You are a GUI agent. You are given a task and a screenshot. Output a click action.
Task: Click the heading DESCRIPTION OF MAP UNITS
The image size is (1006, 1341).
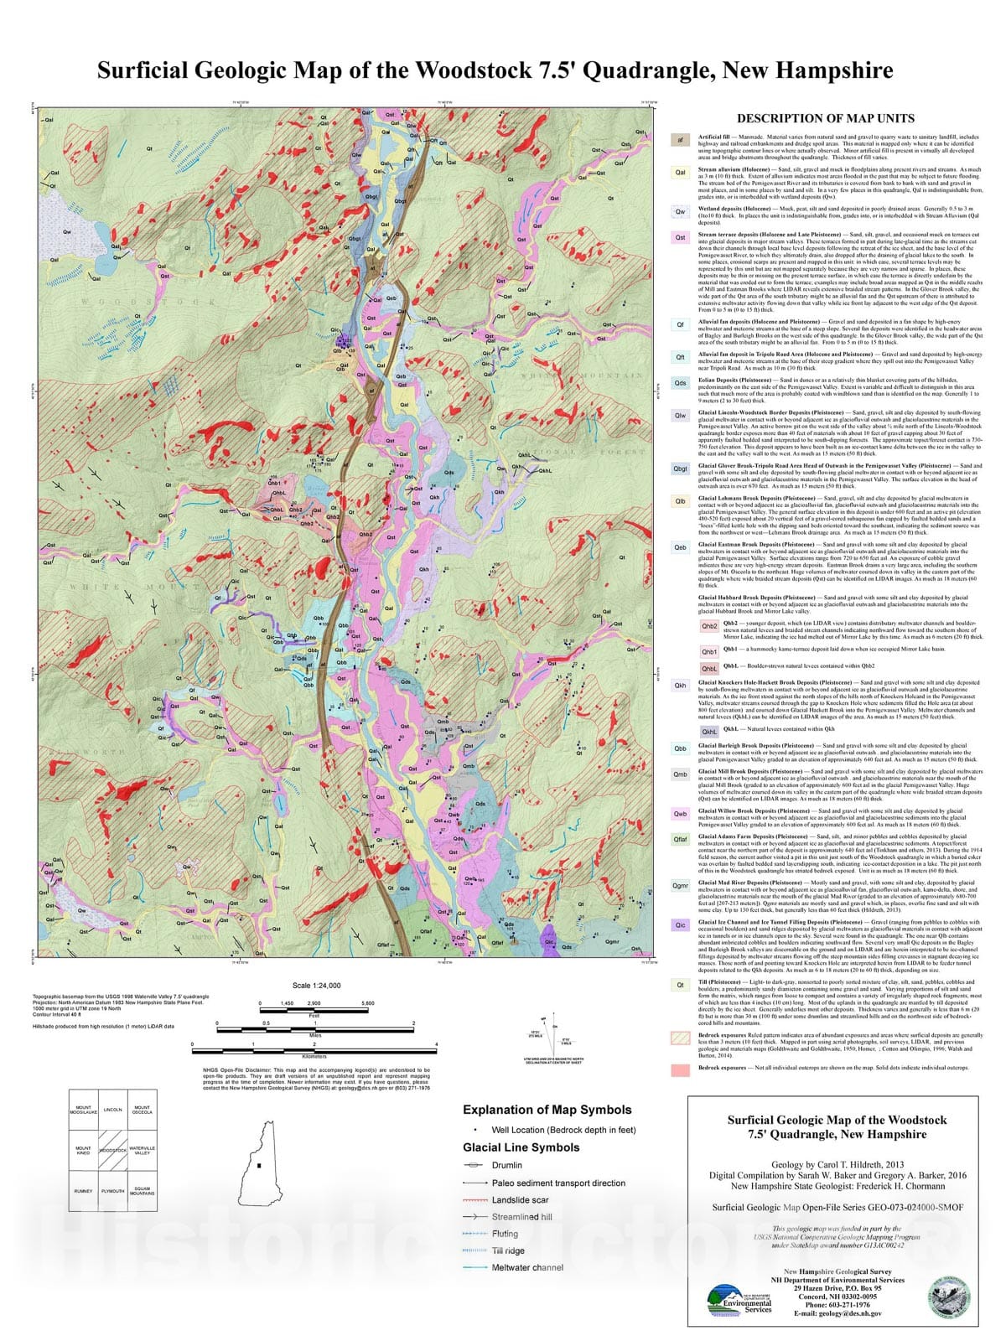pos(825,118)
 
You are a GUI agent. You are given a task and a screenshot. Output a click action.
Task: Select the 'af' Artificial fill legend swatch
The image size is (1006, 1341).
pos(681,140)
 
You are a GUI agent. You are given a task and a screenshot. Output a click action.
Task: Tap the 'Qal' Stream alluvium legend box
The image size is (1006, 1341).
pos(681,173)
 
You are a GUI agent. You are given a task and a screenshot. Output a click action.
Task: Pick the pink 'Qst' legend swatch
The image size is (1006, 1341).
pos(681,237)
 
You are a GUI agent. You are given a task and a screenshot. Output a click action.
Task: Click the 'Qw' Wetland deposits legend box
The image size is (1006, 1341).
pos(681,212)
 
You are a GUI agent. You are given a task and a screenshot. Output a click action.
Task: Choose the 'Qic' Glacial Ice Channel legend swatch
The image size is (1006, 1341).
pos(681,925)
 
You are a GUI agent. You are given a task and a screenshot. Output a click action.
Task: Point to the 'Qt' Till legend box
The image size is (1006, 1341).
pos(681,985)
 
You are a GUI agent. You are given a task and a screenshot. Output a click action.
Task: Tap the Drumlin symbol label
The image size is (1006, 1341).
pos(506,1165)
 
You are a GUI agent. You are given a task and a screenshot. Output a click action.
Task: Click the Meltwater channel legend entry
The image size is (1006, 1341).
pos(527,1267)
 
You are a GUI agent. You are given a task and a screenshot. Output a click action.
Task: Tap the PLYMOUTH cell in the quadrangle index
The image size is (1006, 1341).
pos(112,1190)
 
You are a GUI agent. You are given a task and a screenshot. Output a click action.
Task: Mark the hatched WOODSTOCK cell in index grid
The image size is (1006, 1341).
pos(112,1150)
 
